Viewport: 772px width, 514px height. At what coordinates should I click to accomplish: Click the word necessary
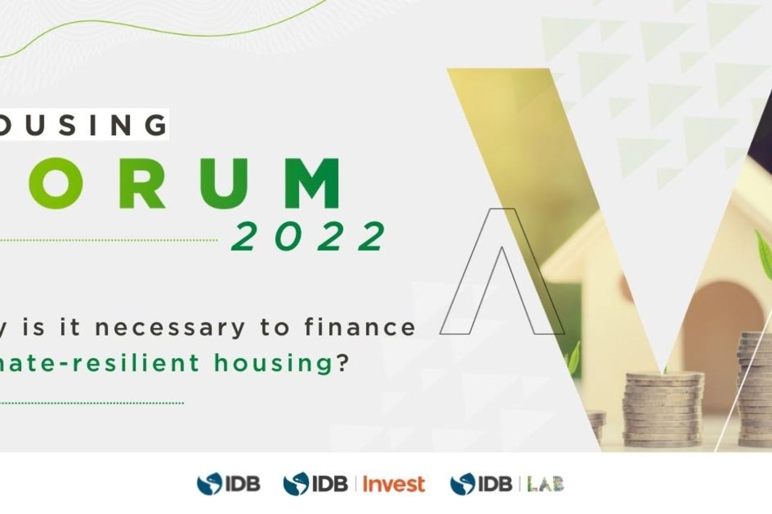(x=170, y=327)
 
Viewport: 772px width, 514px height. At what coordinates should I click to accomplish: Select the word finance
(x=360, y=327)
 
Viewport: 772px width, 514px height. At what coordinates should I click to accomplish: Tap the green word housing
(x=273, y=363)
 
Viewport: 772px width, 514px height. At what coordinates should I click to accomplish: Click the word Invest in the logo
(x=394, y=484)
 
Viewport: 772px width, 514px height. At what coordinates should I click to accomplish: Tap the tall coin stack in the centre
(x=663, y=410)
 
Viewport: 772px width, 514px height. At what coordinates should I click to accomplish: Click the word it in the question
(x=69, y=327)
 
